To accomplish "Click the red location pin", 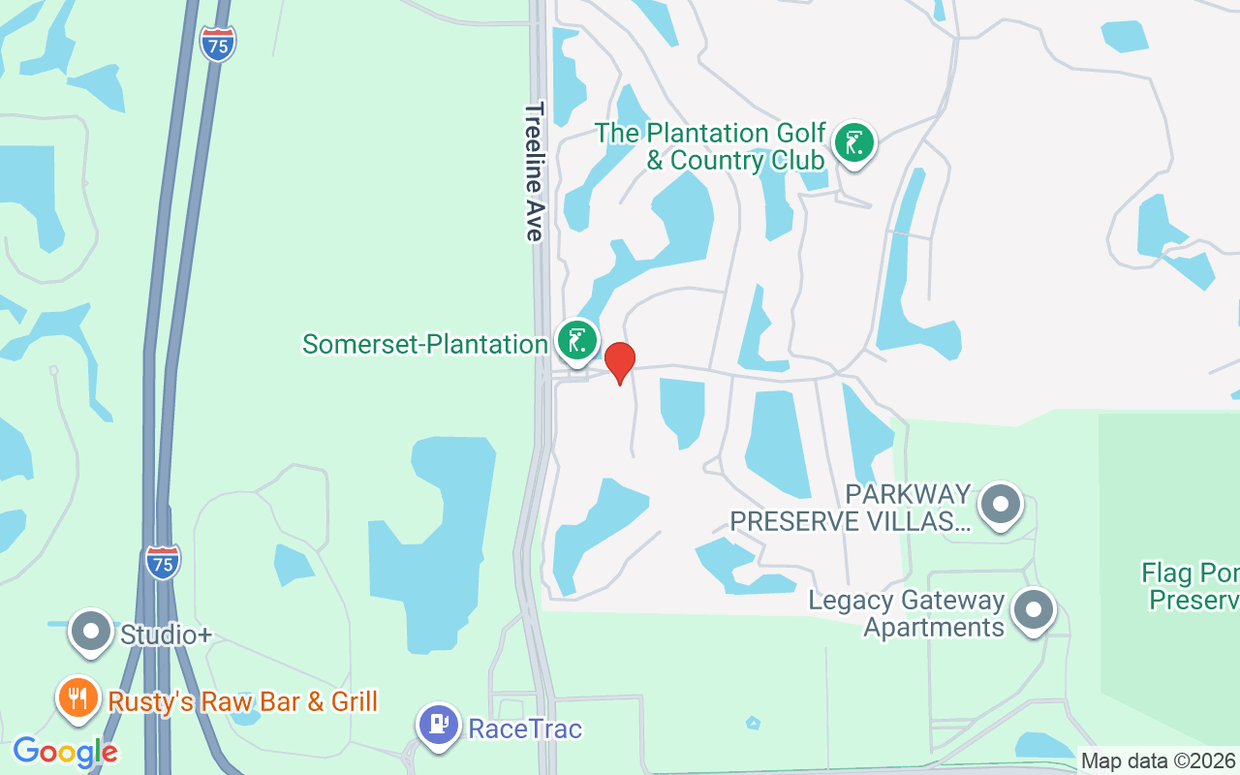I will click(x=620, y=362).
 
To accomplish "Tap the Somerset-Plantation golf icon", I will click(x=577, y=341).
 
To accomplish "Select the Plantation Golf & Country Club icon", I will click(x=853, y=143).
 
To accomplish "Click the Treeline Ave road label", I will click(x=534, y=171).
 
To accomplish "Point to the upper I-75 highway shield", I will click(x=218, y=44).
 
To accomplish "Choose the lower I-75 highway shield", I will click(x=163, y=562).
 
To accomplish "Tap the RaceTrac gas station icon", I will click(x=439, y=725).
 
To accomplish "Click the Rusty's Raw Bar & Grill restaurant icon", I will click(x=77, y=697).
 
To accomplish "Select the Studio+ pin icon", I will click(x=92, y=632).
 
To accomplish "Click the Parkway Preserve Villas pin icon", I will click(x=1001, y=505).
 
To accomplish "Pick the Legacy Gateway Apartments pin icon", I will click(x=1034, y=610).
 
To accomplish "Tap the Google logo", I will click(x=65, y=752).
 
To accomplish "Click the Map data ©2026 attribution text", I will click(x=1159, y=761).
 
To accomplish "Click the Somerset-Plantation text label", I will click(x=425, y=344).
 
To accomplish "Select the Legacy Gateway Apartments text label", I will click(x=908, y=614).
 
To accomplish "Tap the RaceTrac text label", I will click(x=525, y=728).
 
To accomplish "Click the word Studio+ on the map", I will click(x=166, y=635).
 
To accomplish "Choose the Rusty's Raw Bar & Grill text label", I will click(x=242, y=701).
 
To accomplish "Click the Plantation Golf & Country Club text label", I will click(x=710, y=146).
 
